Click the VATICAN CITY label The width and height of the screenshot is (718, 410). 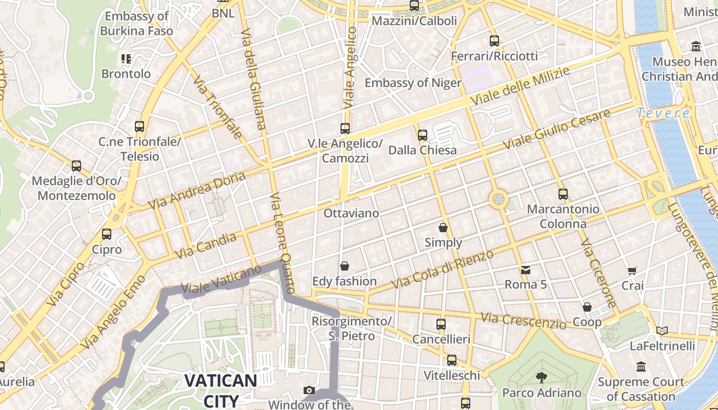pos(221,389)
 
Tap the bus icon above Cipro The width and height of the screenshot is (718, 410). pos(107,234)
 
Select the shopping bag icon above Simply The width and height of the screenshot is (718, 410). pos(443,228)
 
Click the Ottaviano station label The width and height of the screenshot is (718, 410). pos(351,213)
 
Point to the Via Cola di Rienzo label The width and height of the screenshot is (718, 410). pos(442,269)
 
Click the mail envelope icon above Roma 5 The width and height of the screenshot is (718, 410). pos(526,270)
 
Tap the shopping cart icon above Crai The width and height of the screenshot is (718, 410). pos(632,271)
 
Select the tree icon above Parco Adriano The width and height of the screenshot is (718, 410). pos(541,378)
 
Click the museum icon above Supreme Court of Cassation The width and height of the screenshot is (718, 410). pos(641,367)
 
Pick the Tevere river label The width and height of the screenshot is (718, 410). pos(663,113)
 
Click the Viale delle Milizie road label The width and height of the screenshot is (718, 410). pos(520,86)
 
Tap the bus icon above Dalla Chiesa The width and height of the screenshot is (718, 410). pos(422,135)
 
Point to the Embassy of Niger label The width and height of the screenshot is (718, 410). pos(413,83)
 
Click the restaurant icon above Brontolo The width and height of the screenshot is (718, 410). pos(126,59)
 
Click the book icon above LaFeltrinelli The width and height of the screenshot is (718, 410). pos(662,331)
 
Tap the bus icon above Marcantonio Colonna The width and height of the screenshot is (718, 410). pos(563,194)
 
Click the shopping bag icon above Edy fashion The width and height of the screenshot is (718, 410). pos(345,266)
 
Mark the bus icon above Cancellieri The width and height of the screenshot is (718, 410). pos(441,324)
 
